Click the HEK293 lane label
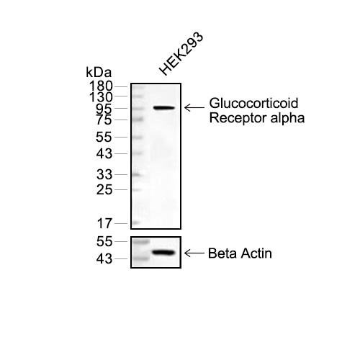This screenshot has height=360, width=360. [x=181, y=54]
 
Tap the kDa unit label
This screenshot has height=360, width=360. [x=99, y=72]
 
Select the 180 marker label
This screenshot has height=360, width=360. [x=101, y=86]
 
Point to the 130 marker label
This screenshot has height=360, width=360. [x=101, y=97]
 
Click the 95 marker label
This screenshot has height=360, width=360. [x=104, y=109]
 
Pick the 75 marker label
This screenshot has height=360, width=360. [x=104, y=120]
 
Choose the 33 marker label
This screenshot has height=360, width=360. [x=104, y=174]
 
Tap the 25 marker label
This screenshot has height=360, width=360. [x=104, y=190]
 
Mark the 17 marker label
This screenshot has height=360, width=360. [x=104, y=223]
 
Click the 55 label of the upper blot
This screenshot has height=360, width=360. [x=104, y=138]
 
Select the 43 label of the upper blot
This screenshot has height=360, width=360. [x=104, y=153]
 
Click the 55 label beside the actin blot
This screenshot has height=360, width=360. [x=104, y=241]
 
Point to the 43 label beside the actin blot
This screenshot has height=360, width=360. [x=104, y=259]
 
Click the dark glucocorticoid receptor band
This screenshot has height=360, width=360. [x=164, y=108]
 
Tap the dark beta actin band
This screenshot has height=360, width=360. [x=163, y=253]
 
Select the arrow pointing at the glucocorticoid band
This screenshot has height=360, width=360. [x=194, y=108]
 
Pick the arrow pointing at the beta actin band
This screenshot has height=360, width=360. [x=194, y=253]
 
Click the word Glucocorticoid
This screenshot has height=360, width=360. [x=253, y=103]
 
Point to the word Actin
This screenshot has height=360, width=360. [x=256, y=253]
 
